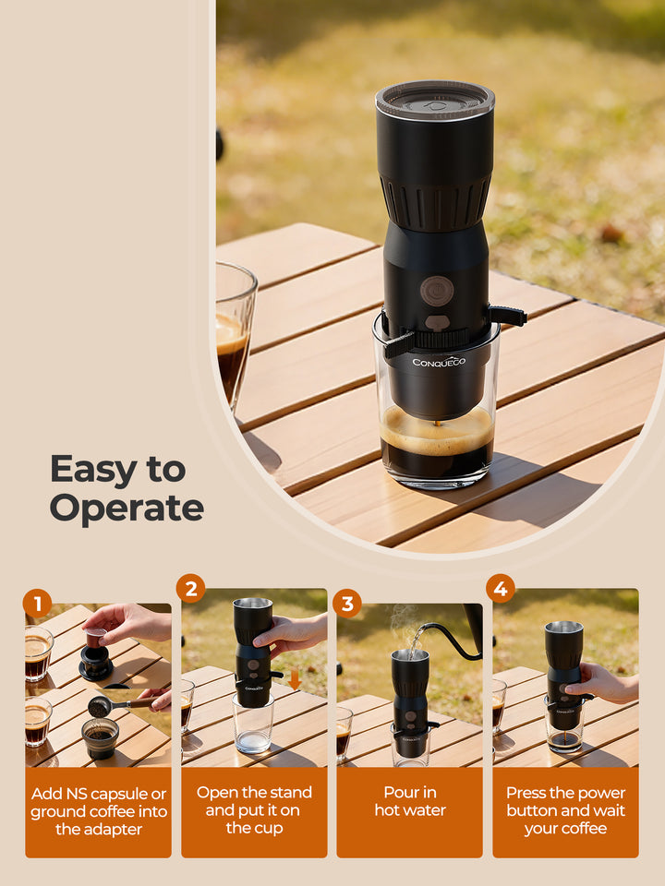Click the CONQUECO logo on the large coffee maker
pyautogui.click(x=439, y=361)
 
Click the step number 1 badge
pyautogui.click(x=37, y=604)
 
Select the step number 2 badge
pyautogui.click(x=190, y=588)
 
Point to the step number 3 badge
pyautogui.click(x=347, y=604)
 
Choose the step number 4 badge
pyautogui.click(x=501, y=588)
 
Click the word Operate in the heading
pyautogui.click(x=127, y=509)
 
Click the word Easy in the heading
pyautogui.click(x=93, y=469)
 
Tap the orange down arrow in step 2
pyautogui.click(x=294, y=680)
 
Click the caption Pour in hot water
pyautogui.click(x=410, y=801)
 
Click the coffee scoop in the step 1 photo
pyautogui.click(x=102, y=705)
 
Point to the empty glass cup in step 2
pyautogui.click(x=252, y=724)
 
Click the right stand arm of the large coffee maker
pyautogui.click(x=507, y=316)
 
